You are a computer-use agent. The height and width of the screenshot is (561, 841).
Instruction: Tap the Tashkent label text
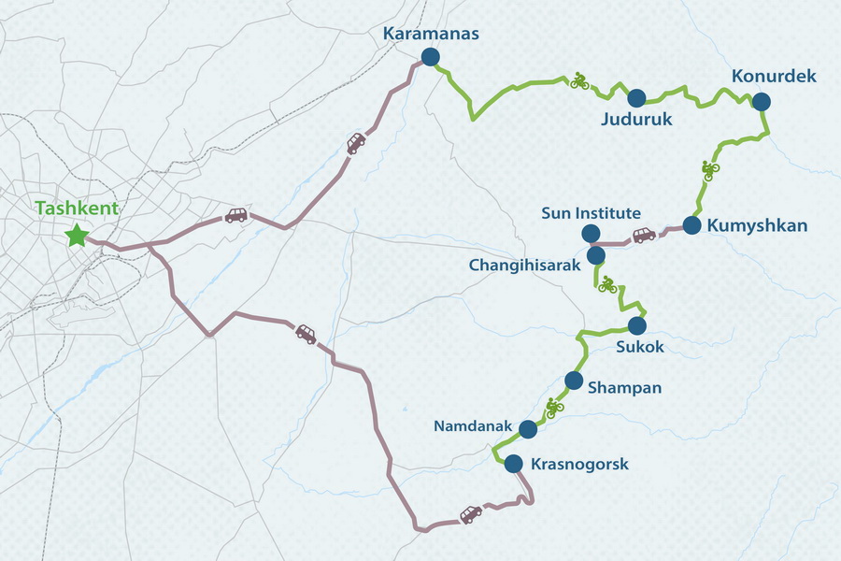pos(77,209)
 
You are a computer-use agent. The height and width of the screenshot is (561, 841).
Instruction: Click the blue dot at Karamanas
pos(430,57)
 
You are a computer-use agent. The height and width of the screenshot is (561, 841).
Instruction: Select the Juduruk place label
pos(636,120)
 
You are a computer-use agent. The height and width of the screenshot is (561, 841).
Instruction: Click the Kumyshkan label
pos(758,225)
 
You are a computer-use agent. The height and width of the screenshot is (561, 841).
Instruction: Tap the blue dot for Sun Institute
pos(590,233)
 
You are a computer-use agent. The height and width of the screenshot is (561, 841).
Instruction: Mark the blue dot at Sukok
pos(636,325)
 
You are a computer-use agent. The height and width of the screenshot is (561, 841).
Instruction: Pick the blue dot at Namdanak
pos(527,429)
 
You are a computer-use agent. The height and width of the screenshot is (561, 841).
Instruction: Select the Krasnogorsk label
pos(579,464)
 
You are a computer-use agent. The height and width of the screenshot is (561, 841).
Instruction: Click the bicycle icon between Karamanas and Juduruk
pos(579,81)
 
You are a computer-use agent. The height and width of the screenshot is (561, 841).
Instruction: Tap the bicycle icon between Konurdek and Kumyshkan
pos(710,169)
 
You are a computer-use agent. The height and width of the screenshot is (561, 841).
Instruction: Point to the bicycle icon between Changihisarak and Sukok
pos(607,284)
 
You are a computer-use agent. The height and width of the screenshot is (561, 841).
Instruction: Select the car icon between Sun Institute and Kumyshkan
pos(644,235)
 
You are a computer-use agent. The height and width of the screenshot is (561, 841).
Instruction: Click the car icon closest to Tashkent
pos(235,215)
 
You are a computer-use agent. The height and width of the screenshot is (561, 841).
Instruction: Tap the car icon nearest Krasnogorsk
pos(471,514)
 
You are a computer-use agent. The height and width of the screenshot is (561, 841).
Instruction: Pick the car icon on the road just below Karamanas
pos(356,143)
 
